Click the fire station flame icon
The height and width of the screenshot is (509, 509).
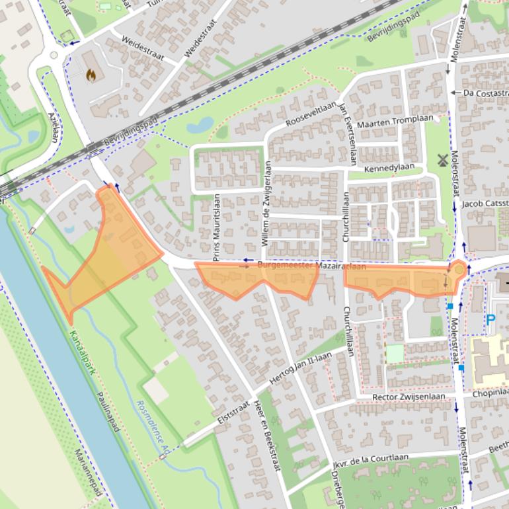click(91, 75)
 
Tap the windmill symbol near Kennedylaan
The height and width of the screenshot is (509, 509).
click(442, 159)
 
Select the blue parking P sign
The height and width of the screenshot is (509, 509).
click(490, 320)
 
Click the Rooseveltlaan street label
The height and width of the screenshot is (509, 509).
click(311, 114)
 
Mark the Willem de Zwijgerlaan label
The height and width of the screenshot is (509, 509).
click(267, 204)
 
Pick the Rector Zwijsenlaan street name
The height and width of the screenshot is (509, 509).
click(408, 397)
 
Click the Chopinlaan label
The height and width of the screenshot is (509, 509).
click(490, 393)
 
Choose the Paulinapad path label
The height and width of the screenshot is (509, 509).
click(108, 410)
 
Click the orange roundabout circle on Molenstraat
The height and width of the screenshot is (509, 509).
click(458, 270)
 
